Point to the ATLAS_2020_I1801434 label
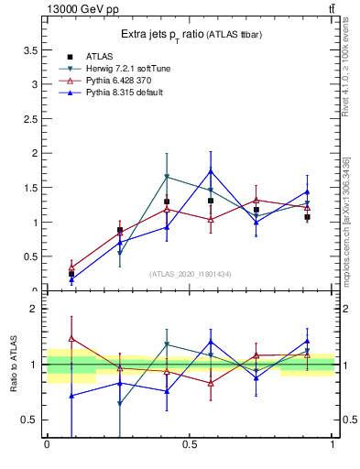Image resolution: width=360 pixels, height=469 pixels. pos(190,274)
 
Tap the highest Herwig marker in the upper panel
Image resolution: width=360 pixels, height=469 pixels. pos(167,176)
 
